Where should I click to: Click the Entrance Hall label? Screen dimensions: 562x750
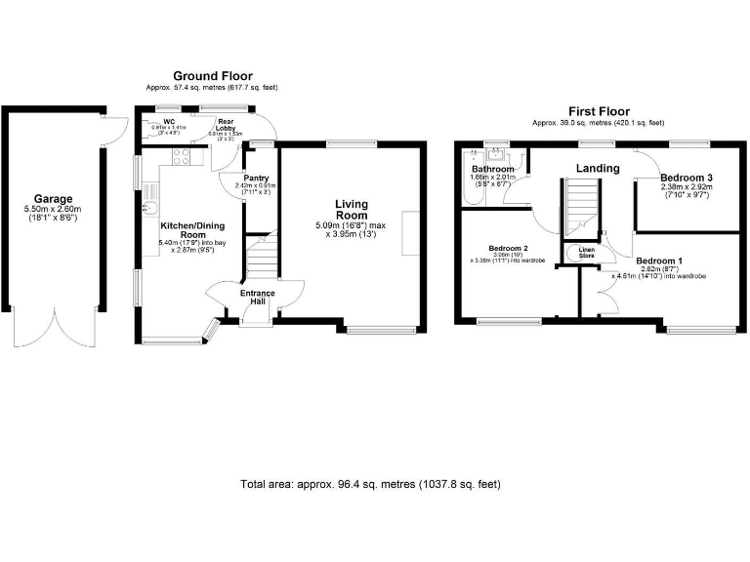[257, 298]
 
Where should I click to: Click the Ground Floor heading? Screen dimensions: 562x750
[212, 76]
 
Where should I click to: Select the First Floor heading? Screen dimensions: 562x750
[598, 111]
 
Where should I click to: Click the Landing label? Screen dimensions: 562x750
[597, 168]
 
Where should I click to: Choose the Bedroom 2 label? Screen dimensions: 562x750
[508, 249]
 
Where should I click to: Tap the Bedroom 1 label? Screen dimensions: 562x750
[660, 261]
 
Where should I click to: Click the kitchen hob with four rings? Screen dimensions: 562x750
[182, 155]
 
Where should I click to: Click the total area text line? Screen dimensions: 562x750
[370, 484]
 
